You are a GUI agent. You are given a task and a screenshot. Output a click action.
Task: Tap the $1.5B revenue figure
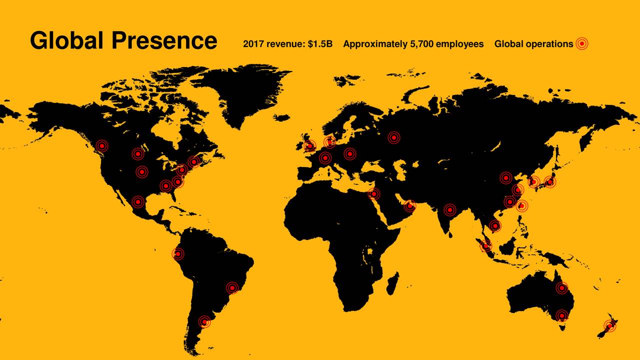coord(320,44)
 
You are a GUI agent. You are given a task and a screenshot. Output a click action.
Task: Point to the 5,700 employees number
coord(421,44)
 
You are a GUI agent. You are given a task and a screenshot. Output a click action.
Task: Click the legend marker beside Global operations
coord(581,44)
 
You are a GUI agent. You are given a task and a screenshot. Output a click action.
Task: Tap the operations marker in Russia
coord(394,137)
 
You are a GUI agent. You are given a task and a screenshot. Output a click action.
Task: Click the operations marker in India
coord(449,210)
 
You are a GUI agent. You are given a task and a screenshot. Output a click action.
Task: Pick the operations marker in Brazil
coord(232,287)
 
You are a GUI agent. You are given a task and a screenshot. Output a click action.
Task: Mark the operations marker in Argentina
coord(204,321)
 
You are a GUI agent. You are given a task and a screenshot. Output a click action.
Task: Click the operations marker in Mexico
coord(138,202)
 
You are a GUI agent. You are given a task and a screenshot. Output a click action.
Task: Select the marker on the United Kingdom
coord(310,146)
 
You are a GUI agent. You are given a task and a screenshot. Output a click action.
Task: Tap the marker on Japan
coord(549,182)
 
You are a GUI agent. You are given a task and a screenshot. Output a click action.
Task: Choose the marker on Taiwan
coord(521,205)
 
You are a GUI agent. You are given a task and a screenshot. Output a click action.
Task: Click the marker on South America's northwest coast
coord(177,254)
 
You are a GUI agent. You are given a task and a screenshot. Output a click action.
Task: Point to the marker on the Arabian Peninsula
coord(409,205)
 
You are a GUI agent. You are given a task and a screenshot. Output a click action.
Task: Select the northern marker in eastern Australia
coord(561,288)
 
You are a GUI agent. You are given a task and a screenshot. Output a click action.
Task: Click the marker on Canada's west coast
coord(102,145)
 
